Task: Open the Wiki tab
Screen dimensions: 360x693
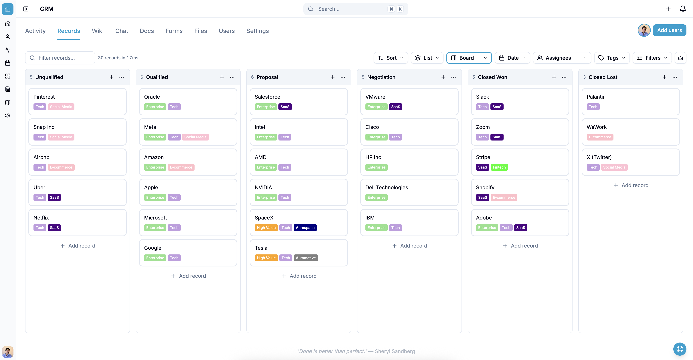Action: (x=98, y=31)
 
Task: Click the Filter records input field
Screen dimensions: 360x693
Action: (x=60, y=58)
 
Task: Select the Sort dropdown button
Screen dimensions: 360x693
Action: (x=391, y=58)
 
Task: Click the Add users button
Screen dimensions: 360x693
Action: (x=669, y=30)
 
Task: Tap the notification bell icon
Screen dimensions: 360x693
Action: (x=682, y=9)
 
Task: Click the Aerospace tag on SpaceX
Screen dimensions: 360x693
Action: (x=305, y=228)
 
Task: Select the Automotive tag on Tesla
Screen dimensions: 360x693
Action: (x=306, y=258)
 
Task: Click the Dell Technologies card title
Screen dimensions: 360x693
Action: (x=387, y=187)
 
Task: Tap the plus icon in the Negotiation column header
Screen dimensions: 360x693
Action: (x=443, y=77)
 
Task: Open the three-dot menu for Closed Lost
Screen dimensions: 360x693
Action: (x=675, y=77)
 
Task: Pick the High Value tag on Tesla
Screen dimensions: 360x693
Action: (x=266, y=258)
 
